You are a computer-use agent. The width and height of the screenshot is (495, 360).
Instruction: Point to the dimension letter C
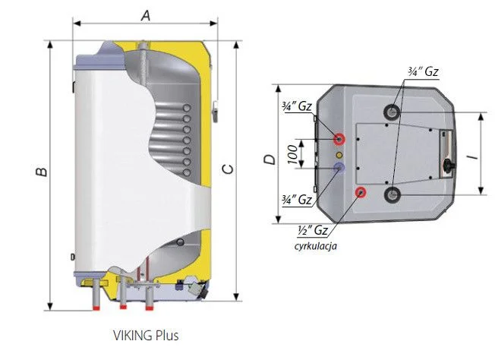pyautogui.click(x=226, y=169)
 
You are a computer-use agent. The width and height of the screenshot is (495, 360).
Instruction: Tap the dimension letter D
pyautogui.click(x=268, y=159)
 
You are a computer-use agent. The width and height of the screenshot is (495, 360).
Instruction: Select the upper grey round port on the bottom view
pyautogui.click(x=393, y=112)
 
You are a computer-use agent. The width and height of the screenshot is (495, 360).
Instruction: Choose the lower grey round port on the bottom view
pyautogui.click(x=393, y=196)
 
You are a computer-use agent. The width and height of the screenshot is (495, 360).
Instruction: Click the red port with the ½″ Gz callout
pyautogui.click(x=361, y=191)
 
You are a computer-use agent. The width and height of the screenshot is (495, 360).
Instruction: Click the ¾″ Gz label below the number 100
pyautogui.click(x=296, y=201)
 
